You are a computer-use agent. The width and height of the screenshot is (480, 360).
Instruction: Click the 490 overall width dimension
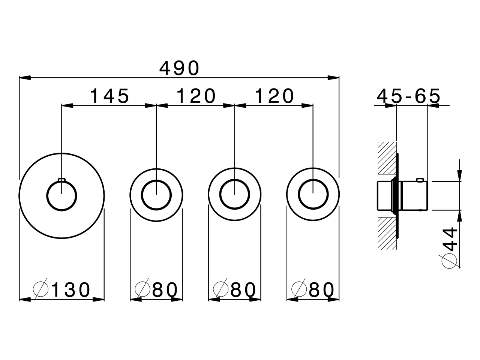point(179,68)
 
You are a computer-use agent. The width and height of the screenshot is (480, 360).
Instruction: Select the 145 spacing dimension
point(109,96)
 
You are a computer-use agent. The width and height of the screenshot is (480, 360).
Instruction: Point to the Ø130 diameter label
point(62,289)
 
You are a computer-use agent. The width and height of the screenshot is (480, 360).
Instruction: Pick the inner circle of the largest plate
point(61,195)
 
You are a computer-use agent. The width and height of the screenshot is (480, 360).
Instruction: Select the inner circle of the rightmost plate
point(313,194)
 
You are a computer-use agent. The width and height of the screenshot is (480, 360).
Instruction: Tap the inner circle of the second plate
point(156,194)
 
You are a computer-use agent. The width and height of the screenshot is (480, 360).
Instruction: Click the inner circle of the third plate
point(234,194)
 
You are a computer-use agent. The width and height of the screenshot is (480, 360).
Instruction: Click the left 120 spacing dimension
point(196,96)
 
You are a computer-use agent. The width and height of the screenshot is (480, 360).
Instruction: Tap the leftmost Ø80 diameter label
point(156,289)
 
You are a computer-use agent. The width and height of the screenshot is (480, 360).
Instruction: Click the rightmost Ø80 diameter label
point(313,289)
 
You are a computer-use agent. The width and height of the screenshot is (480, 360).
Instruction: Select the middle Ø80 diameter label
point(234,289)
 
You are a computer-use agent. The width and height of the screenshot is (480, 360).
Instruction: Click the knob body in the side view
point(414,195)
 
